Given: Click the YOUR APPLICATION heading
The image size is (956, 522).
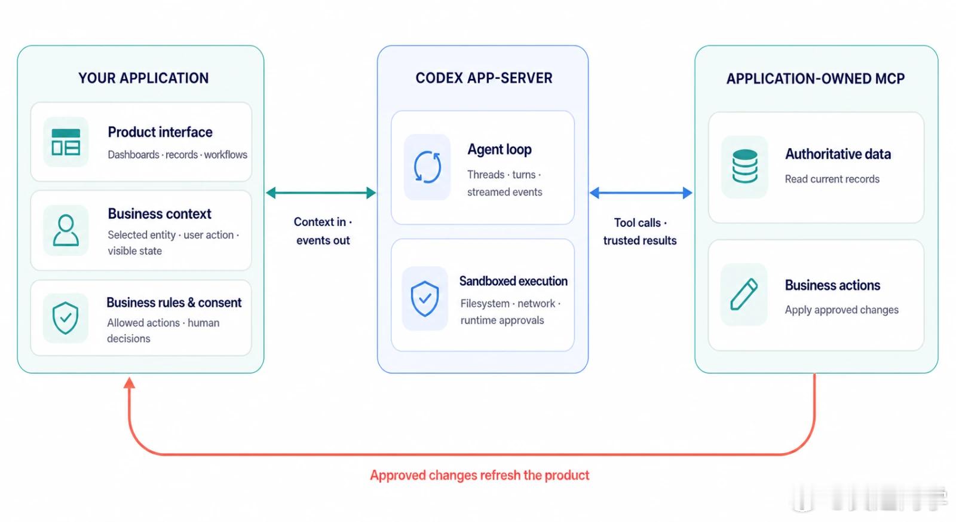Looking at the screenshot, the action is pyautogui.click(x=143, y=78).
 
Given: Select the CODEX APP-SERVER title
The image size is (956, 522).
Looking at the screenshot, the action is pyautogui.click(x=484, y=78).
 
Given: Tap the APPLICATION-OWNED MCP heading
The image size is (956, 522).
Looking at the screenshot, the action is pyautogui.click(x=816, y=78).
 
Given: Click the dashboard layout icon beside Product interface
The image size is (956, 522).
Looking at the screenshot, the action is pyautogui.click(x=66, y=142).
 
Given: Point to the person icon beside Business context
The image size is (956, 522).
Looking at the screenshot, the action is pyautogui.click(x=66, y=230).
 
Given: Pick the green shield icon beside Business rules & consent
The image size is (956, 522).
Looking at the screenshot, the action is pyautogui.click(x=65, y=318).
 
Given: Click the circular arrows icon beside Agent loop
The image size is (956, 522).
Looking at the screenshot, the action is pyautogui.click(x=427, y=167).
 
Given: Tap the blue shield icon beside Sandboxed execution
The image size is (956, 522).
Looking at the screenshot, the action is pyautogui.click(x=425, y=298).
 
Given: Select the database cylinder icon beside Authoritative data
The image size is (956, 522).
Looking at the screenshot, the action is pyautogui.click(x=744, y=166).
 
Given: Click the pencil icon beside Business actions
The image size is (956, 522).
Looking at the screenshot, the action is pyautogui.click(x=744, y=294).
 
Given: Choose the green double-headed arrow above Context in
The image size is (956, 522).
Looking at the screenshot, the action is pyautogui.click(x=321, y=193).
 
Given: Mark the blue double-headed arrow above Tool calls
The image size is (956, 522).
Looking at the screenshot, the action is pyautogui.click(x=641, y=193).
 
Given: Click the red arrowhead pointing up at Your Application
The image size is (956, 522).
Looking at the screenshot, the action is pyautogui.click(x=129, y=383).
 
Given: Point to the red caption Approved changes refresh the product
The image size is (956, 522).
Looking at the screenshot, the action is pyautogui.click(x=480, y=475).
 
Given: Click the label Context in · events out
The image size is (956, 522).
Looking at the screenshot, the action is pyautogui.click(x=323, y=231).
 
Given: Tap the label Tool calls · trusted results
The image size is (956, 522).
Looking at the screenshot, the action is pyautogui.click(x=640, y=231).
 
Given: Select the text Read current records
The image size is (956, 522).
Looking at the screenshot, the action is pyautogui.click(x=832, y=179).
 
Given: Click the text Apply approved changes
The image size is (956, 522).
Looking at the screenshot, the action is pyautogui.click(x=842, y=310).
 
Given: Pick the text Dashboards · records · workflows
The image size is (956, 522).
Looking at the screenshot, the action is pyautogui.click(x=177, y=155).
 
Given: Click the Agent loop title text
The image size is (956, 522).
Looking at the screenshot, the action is pyautogui.click(x=500, y=149).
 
